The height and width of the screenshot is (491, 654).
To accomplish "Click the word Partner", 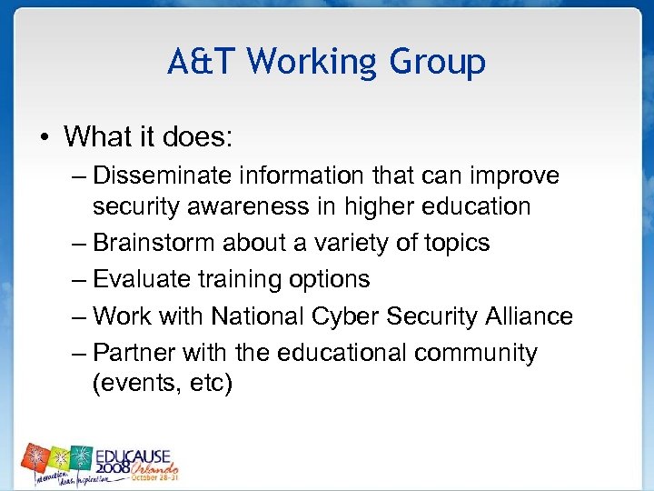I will click(136, 352).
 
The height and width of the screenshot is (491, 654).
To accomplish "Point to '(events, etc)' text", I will click(163, 384).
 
